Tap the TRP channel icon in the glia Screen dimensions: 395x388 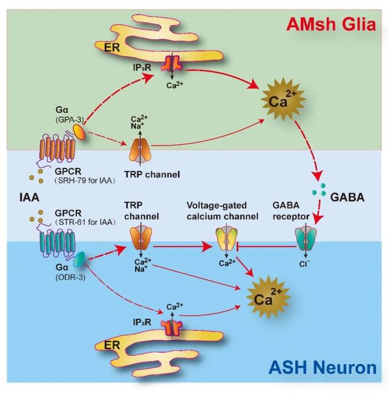(143, 149)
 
